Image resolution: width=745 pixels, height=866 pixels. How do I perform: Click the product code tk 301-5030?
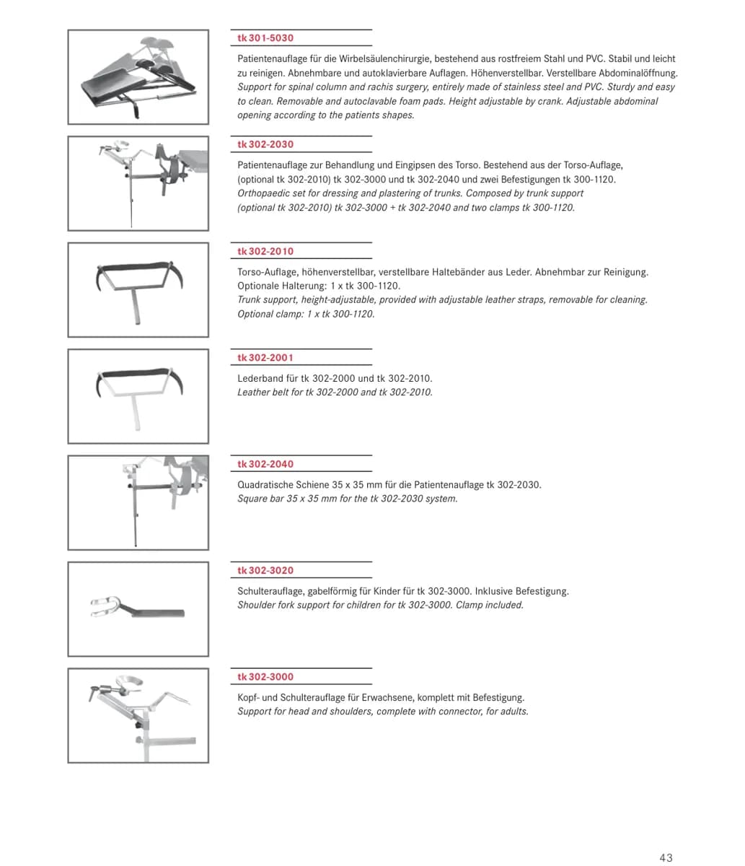click(265, 38)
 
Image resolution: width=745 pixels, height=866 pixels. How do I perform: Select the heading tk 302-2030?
click(265, 144)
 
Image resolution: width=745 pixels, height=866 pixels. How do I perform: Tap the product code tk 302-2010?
click(265, 251)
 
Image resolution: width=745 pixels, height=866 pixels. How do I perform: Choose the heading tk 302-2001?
click(265, 358)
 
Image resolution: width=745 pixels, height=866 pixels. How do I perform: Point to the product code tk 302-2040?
click(265, 464)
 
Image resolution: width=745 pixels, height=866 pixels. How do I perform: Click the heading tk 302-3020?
click(265, 571)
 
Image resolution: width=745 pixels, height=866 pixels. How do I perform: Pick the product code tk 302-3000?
click(265, 677)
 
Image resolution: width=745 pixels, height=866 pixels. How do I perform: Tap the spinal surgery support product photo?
click(138, 77)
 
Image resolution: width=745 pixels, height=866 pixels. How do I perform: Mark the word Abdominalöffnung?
click(638, 74)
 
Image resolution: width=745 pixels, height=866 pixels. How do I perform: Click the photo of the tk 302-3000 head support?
click(138, 716)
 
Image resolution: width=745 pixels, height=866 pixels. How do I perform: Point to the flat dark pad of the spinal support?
click(113, 86)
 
